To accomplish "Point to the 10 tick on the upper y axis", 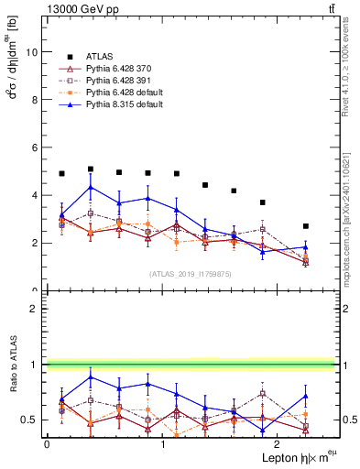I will coord(32,52).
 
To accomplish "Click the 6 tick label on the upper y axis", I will coord(35,147).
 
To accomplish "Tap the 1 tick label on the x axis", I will coord(162,443).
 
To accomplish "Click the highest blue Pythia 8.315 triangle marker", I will coord(91,188).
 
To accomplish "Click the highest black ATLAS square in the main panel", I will coord(91,169).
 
